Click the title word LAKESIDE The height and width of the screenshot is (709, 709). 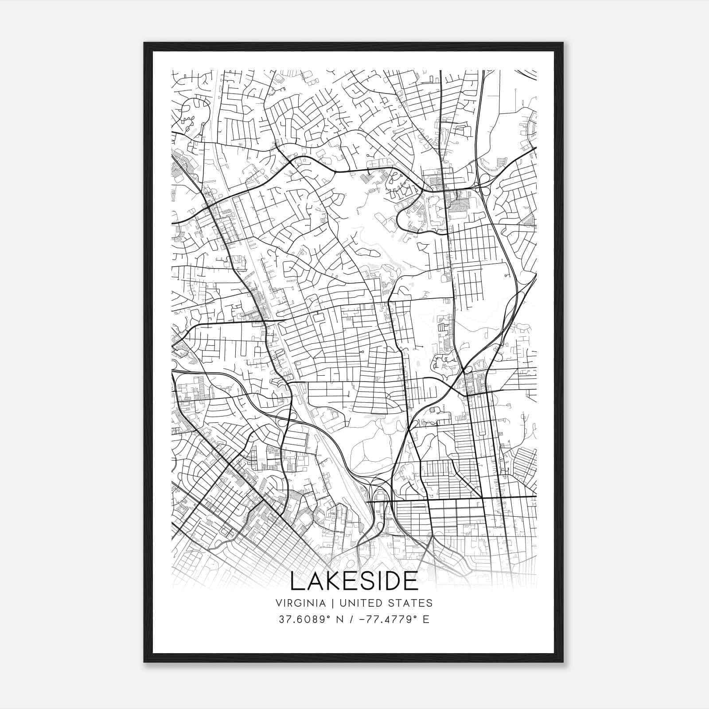click(x=354, y=581)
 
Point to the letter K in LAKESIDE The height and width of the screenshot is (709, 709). click(x=332, y=581)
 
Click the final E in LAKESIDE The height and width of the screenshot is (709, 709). click(x=411, y=581)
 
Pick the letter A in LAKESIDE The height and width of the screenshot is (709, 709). click(x=314, y=581)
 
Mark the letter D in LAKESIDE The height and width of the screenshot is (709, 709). click(x=393, y=581)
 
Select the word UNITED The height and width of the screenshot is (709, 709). click(x=358, y=603)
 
